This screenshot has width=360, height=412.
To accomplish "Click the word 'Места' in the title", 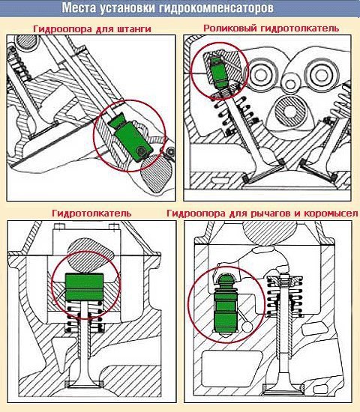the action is pyautogui.click(x=79, y=8).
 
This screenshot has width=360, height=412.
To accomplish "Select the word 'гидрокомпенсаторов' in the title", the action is pyautogui.click(x=216, y=9).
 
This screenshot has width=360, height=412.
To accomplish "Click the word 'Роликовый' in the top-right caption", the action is pyautogui.click(x=230, y=28).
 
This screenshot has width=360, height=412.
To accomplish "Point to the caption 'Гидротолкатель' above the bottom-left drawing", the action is pyautogui.click(x=91, y=213).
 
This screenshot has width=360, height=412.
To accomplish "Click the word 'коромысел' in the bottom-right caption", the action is pyautogui.click(x=331, y=213).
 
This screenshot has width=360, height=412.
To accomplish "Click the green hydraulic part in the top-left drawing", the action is pyautogui.click(x=130, y=137).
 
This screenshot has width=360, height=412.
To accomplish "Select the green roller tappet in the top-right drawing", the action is pyautogui.click(x=220, y=73).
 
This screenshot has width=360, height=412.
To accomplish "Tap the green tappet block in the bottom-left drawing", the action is pyautogui.click(x=84, y=287).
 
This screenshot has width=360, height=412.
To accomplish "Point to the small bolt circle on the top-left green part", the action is pyautogui.click(x=141, y=151).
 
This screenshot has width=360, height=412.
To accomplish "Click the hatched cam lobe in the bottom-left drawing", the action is pyautogui.click(x=90, y=255).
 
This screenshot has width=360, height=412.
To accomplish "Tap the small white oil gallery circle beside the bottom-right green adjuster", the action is pyautogui.click(x=247, y=327).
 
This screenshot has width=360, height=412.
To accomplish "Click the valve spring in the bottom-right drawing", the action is pyautogui.click(x=284, y=297).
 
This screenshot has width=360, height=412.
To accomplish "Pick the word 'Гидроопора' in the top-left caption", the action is pyautogui.click(x=61, y=29).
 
